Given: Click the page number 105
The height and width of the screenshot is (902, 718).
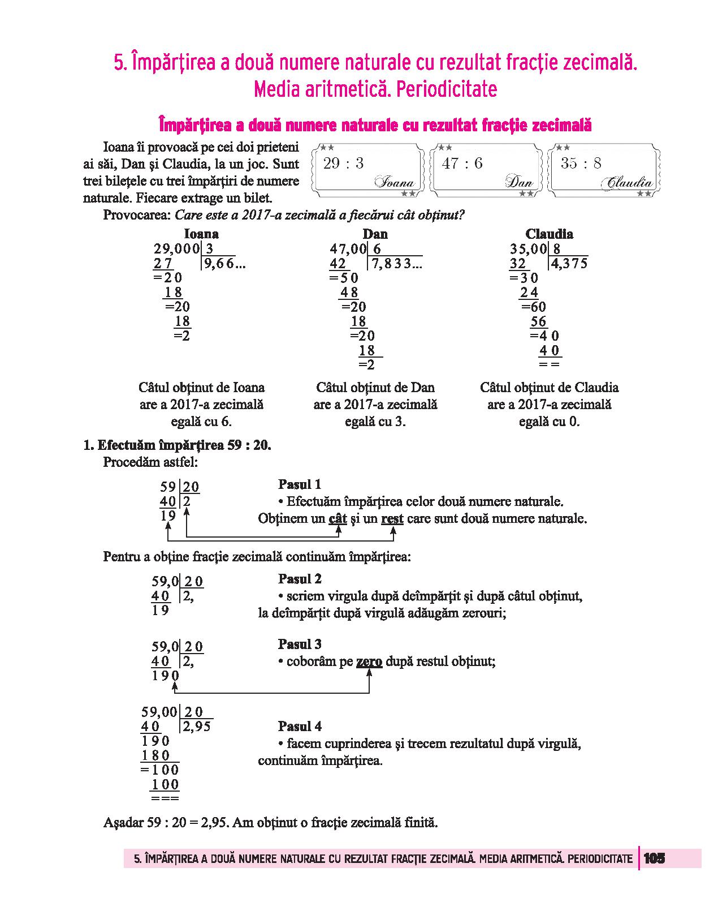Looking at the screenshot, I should [x=654, y=858].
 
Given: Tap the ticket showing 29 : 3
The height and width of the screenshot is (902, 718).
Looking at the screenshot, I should [x=369, y=170].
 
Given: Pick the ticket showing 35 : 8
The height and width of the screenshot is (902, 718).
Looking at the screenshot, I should [x=605, y=170].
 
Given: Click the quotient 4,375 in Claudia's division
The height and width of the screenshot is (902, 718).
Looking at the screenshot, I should [x=569, y=263].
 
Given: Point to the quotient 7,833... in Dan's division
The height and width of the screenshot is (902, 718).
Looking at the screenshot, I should [x=396, y=263].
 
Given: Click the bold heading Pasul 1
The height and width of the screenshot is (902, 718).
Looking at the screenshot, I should [x=300, y=484].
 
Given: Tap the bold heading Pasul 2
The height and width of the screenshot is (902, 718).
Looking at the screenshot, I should [x=300, y=579].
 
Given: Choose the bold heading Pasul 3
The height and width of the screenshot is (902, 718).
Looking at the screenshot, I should [x=300, y=644].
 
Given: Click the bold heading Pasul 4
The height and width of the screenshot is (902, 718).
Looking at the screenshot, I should [x=300, y=726].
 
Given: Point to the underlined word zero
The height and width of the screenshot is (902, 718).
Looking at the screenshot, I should [x=369, y=662].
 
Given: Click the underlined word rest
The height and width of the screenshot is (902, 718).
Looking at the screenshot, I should [x=392, y=519].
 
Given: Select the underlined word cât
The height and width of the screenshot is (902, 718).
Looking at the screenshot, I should [x=338, y=519].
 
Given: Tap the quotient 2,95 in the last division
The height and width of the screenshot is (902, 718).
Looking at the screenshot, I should [x=196, y=727].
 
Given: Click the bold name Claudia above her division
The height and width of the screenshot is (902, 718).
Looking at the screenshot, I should [x=549, y=234].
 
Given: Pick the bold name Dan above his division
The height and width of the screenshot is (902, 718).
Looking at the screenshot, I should [x=375, y=234].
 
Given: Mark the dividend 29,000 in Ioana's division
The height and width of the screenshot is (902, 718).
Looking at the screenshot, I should [x=176, y=248].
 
